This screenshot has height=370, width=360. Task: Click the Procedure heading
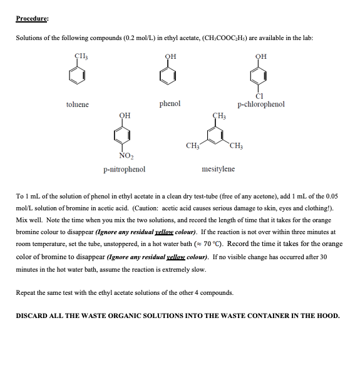(x=33, y=18)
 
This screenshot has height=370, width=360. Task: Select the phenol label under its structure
(x=170, y=103)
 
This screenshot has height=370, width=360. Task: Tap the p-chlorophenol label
(x=261, y=104)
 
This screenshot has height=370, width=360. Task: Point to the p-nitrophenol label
(x=125, y=169)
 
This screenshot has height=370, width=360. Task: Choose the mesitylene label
(x=219, y=169)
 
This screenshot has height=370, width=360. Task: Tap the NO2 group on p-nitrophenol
(x=126, y=156)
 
